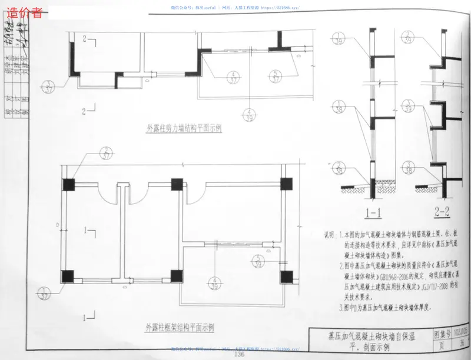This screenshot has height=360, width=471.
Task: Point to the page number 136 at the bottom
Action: coord(239,354)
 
